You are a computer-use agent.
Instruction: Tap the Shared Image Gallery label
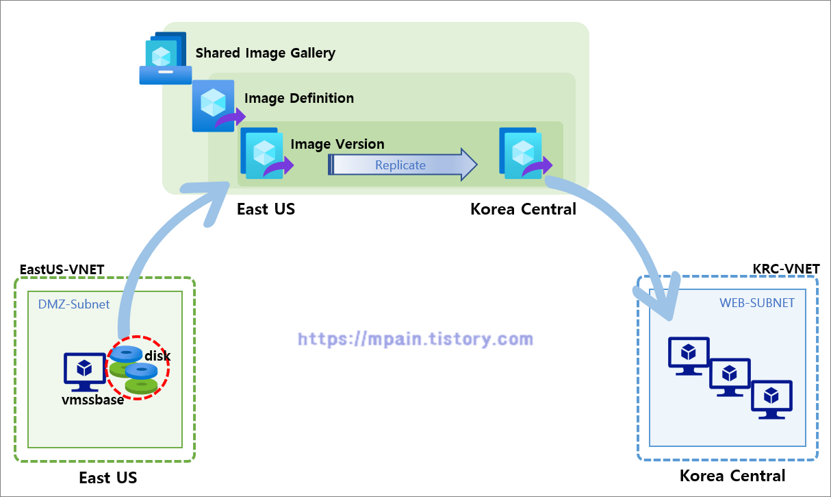pos(266,53)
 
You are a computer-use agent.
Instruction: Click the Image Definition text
pos(299,98)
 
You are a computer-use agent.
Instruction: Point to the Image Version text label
pos(337,144)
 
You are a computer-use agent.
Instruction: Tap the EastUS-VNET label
pos(62,269)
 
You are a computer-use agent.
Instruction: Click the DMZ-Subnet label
pos(74,304)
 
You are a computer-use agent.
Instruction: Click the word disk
pos(157,356)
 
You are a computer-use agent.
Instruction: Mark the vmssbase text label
pos(92,400)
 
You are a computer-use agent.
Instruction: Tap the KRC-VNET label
pos(785,268)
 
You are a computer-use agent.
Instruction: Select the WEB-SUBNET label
pos(757,302)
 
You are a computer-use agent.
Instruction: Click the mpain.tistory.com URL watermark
pos(415,339)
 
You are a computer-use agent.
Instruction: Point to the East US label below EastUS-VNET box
pos(108,478)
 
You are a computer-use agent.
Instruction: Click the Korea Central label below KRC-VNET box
pos(732,476)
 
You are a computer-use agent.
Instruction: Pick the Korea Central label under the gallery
pos(523,209)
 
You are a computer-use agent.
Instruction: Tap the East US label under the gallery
pos(266,209)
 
